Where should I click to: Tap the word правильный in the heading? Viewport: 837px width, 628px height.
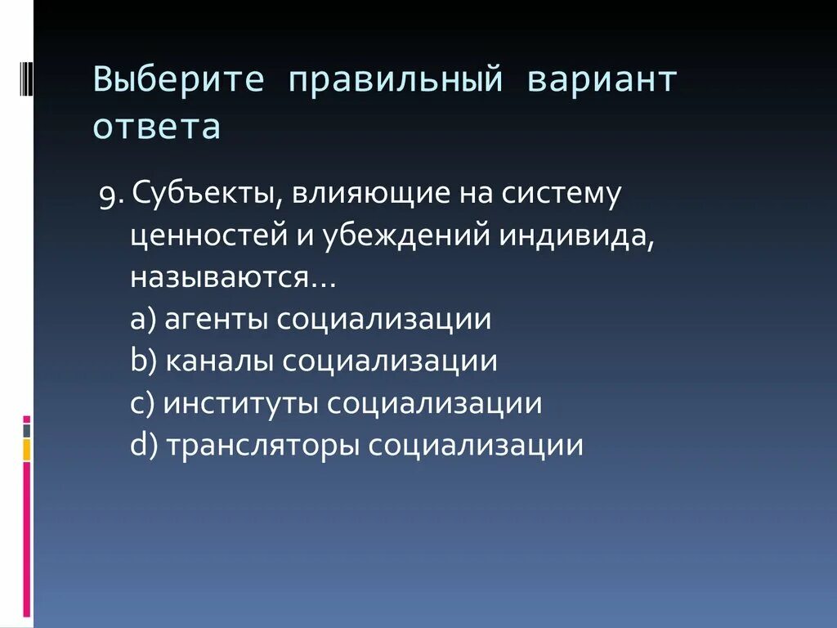point(393,82)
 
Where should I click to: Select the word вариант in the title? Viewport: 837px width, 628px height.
point(602,82)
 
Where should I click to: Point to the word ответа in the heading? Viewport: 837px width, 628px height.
point(157,128)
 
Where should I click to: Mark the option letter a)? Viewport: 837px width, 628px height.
point(144,319)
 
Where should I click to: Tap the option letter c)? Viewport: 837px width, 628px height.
point(143,404)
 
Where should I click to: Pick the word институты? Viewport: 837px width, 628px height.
point(242,404)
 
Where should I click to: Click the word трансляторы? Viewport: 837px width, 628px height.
point(263,446)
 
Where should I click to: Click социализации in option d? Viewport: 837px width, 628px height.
point(475,446)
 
